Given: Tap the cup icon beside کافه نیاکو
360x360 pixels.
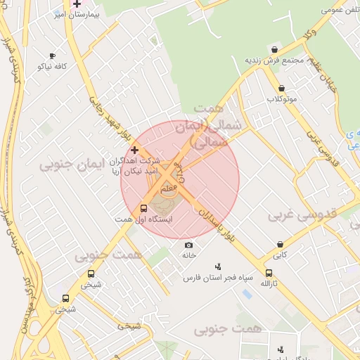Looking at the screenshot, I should [x=52, y=56].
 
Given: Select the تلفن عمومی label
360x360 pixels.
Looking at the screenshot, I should [x=340, y=10].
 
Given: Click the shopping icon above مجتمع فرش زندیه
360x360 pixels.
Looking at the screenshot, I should [x=274, y=49].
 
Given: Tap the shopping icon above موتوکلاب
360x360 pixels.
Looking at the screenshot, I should [x=282, y=89].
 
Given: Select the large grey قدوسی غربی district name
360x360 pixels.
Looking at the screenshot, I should [x=304, y=213].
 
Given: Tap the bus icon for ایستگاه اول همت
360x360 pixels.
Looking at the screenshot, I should [x=144, y=209].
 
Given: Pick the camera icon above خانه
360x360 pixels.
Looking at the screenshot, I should [x=188, y=245].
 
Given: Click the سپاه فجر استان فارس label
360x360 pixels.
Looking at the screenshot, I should [x=217, y=278].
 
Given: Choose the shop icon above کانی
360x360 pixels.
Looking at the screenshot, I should [x=280, y=245].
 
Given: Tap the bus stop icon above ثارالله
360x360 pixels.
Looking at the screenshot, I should [x=269, y=273].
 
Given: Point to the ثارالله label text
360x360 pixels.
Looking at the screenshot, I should [x=270, y=283].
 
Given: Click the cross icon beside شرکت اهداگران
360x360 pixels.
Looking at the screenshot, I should [x=134, y=150].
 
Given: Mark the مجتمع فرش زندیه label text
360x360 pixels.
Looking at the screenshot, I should [x=274, y=60].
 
